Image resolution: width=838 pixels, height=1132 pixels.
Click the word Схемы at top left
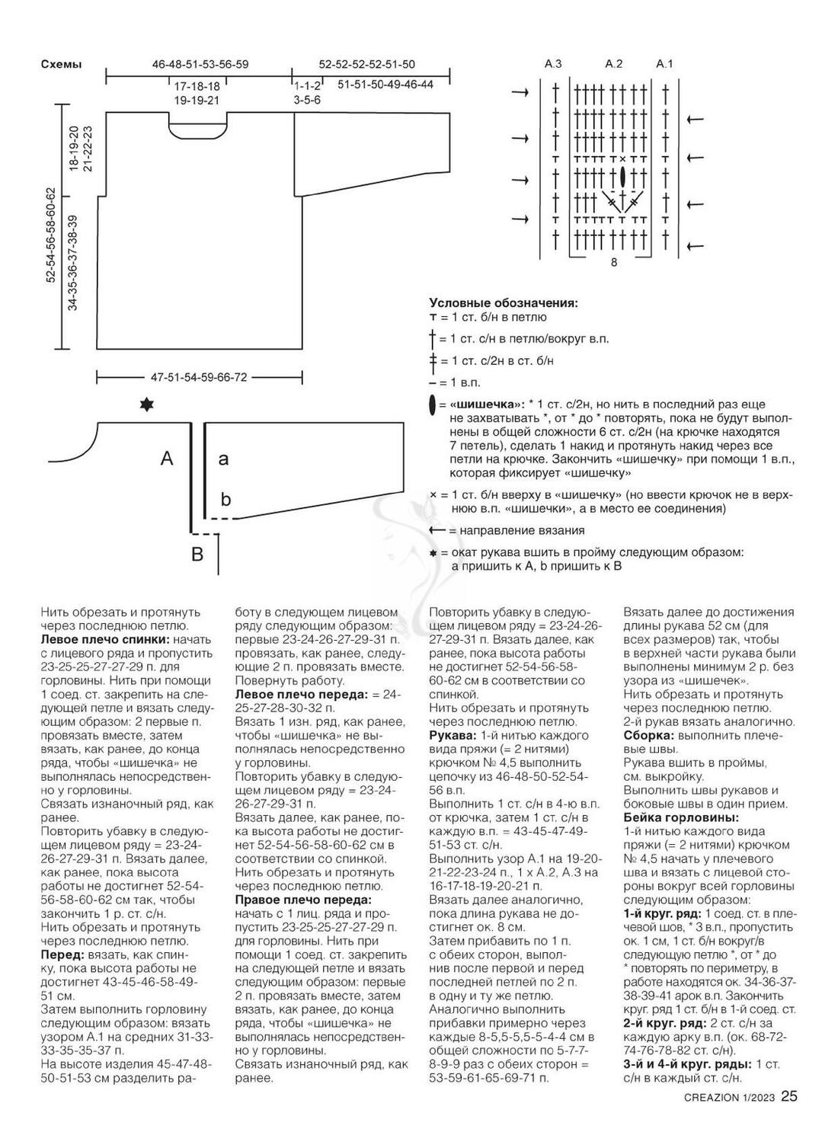(x=61, y=65)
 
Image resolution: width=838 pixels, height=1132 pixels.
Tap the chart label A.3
(x=553, y=64)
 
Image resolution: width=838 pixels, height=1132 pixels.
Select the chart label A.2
(x=614, y=64)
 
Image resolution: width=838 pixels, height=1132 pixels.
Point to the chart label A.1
(x=665, y=64)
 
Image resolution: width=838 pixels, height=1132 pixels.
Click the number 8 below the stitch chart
(x=613, y=263)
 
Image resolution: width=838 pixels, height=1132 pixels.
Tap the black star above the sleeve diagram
(x=146, y=405)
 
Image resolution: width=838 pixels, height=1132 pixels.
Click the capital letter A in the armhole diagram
(x=167, y=458)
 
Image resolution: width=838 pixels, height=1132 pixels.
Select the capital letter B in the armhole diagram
(x=197, y=554)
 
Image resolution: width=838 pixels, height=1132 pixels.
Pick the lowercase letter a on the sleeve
(x=223, y=459)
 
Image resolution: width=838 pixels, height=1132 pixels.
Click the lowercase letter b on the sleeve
(x=225, y=499)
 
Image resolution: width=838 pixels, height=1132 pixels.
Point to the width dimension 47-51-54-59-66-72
(x=199, y=377)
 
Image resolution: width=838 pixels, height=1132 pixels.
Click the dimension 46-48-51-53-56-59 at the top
(x=200, y=65)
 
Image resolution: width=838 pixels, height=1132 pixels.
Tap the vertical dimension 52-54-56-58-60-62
(x=51, y=235)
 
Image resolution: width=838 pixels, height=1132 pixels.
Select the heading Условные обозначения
(x=503, y=302)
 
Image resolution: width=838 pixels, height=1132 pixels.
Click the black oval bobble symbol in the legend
(x=433, y=405)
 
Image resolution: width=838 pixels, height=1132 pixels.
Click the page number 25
(x=789, y=1097)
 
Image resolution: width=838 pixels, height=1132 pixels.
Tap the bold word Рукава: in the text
(x=453, y=736)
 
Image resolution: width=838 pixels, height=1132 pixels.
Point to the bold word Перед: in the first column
(x=62, y=954)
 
